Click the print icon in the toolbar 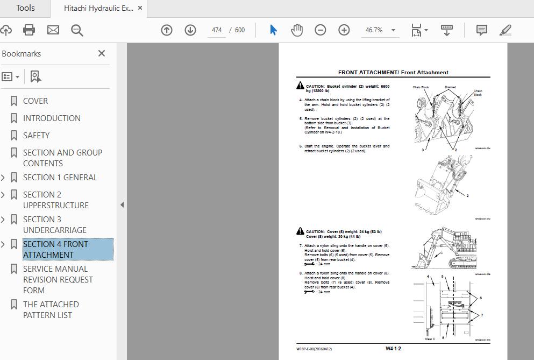point(29,30)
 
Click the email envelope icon point(53,30)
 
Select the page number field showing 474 point(217,30)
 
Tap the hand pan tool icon point(297,30)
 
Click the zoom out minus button point(321,30)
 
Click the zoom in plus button point(344,30)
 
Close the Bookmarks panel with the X point(102,53)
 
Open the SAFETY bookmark point(36,136)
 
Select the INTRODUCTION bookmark point(52,118)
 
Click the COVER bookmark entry point(35,101)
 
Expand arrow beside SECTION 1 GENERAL point(4,178)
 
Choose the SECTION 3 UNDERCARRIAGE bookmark point(54,225)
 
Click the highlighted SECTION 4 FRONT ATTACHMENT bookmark point(55,250)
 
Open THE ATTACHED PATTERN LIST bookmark point(51,310)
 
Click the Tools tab point(25,8)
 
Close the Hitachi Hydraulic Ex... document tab point(140,8)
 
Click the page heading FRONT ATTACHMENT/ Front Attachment point(393,73)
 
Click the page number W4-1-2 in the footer point(393,349)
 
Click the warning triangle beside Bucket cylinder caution point(300,86)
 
